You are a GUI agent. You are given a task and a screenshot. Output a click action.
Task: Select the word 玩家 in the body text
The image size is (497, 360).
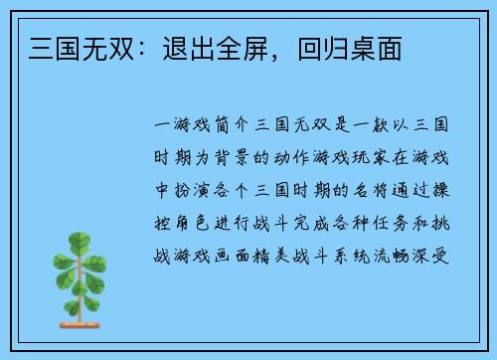pos(389,158)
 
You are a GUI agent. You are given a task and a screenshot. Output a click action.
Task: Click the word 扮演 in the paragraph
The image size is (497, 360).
pos(189,190)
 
